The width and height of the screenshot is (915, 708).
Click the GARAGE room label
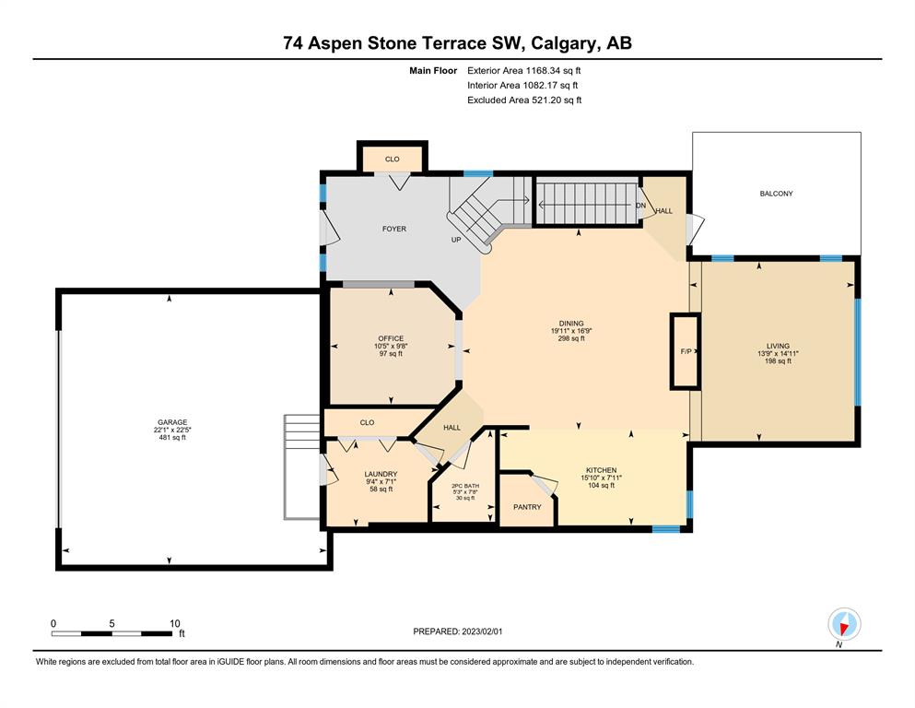pos(172,422)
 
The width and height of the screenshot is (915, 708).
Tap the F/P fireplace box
pos(685,351)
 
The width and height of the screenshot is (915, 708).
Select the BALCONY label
pos(776,194)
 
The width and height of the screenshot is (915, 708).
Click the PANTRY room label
pos(527,507)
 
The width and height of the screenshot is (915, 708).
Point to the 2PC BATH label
pos(465,486)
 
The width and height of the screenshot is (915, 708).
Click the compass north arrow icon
pos(844,624)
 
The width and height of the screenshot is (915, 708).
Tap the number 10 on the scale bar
pos(174,623)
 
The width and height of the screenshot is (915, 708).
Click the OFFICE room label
pos(391,338)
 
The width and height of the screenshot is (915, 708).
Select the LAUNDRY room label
pos(381,474)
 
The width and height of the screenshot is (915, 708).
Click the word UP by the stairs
pos(456,240)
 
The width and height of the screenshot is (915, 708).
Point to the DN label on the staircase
pos(640,206)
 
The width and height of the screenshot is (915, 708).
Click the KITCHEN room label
pos(602,470)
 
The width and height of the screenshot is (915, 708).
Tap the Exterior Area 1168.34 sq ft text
pos(524,71)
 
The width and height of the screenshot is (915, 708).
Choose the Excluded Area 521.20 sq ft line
pos(524,100)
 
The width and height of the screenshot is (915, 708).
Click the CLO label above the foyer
pos(393,159)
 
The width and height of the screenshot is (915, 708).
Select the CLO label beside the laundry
pos(367,422)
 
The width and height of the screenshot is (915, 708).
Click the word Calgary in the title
pos(564,43)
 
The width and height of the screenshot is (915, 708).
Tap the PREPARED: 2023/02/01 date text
pos(457,631)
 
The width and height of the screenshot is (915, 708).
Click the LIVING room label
pos(778,346)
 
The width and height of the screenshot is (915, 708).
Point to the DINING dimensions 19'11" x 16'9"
pos(571,331)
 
